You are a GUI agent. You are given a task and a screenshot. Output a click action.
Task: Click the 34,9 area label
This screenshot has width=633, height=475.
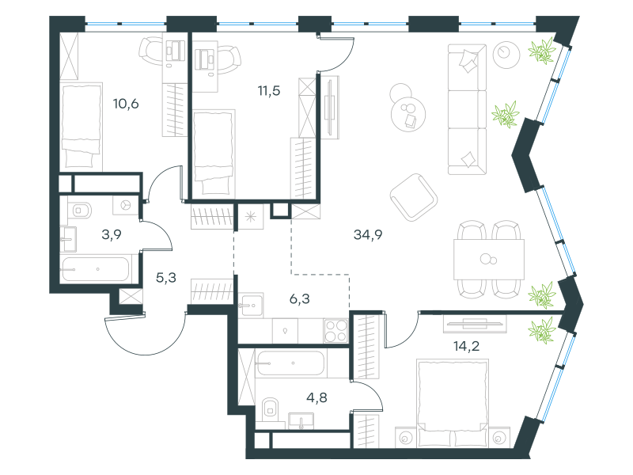tap(368, 234)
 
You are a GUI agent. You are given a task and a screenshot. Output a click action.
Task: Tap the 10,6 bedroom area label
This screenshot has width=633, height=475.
tap(126, 104)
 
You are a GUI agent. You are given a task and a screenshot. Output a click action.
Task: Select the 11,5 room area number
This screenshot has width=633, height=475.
tap(269, 91)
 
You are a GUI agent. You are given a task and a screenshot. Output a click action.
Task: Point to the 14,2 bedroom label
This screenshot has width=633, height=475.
tap(466, 346)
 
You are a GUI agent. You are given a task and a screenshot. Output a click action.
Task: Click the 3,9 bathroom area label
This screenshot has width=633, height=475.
tap(112, 234)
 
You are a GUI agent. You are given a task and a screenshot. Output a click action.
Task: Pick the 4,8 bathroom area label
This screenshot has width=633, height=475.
tap(316, 398)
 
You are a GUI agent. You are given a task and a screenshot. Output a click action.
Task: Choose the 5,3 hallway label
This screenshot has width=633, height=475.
tap(166, 278)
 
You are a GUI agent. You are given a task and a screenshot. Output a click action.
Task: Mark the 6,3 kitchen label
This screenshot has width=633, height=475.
tap(300, 299)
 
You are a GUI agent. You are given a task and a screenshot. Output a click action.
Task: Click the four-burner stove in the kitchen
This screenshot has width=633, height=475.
tap(335, 331)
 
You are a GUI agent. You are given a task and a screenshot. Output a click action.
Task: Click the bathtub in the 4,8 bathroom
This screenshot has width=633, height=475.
tap(290, 363)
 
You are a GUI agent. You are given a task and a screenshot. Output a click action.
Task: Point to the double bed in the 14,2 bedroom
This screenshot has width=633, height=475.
tap(452, 403)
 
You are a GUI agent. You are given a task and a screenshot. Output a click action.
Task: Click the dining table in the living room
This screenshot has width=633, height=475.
tap(489, 260)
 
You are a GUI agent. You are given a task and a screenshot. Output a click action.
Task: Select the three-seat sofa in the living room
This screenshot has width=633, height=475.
tap(467, 109)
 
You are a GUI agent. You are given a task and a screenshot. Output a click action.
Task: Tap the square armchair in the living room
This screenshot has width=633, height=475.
tap(414, 197)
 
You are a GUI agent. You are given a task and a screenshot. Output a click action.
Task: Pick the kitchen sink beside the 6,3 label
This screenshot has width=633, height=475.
tap(251, 306)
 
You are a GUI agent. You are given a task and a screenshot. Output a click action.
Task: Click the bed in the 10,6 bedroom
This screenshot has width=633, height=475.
tap(81, 127)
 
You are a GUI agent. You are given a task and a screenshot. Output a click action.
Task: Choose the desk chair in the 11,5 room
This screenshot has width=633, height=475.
tap(229, 60)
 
